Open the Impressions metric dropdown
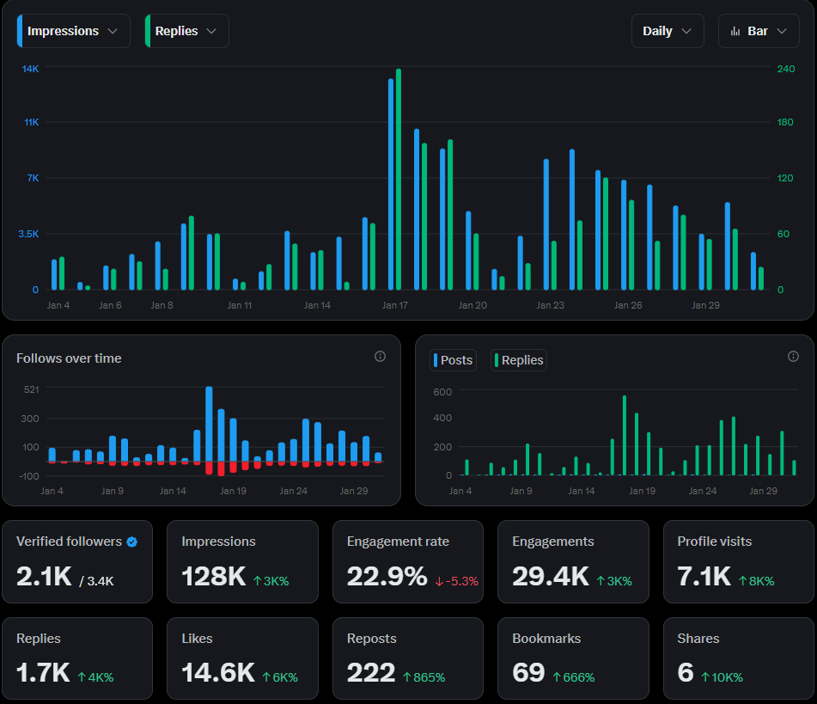pos(73,31)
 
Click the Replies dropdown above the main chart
pos(186,31)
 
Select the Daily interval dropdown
pos(667,31)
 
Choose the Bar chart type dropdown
pos(758,31)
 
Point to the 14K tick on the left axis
pos(30,69)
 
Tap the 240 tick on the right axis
pos(785,69)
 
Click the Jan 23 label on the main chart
pos(550,305)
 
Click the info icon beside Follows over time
pos(380,357)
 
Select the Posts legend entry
pos(453,360)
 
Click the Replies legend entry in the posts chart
pos(519,360)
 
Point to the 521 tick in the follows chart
pos(31,389)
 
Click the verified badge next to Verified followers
pos(131,542)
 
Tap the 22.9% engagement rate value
pos(387,577)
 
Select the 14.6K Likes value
pos(218,673)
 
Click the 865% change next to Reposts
pos(424,677)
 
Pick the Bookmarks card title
pos(546,639)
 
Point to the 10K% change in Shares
pos(722,677)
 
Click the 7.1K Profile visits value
pos(704,577)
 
